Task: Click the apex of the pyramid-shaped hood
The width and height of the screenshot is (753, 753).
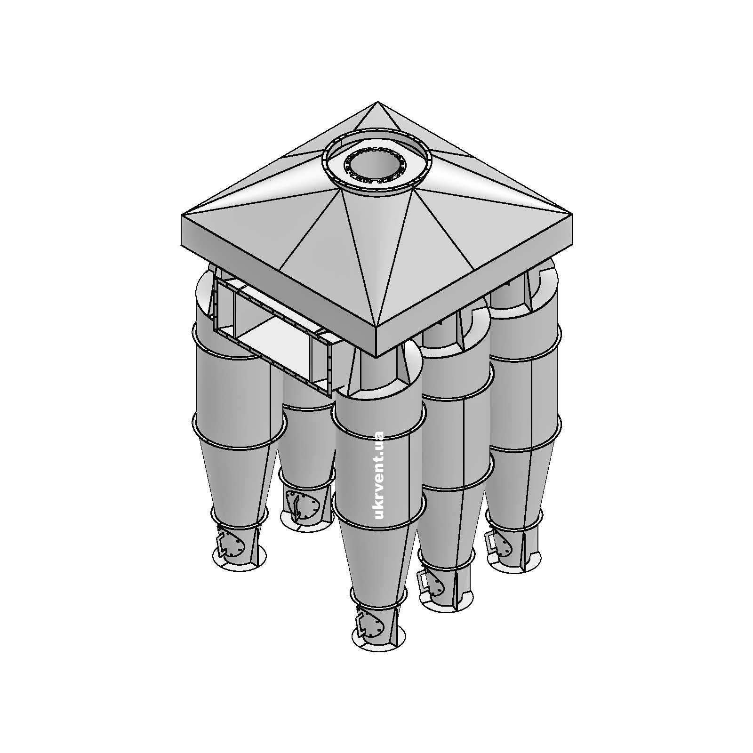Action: (x=377, y=103)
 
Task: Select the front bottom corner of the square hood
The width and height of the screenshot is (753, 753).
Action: (x=377, y=356)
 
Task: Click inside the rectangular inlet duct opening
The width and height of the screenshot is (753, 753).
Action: (x=273, y=334)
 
